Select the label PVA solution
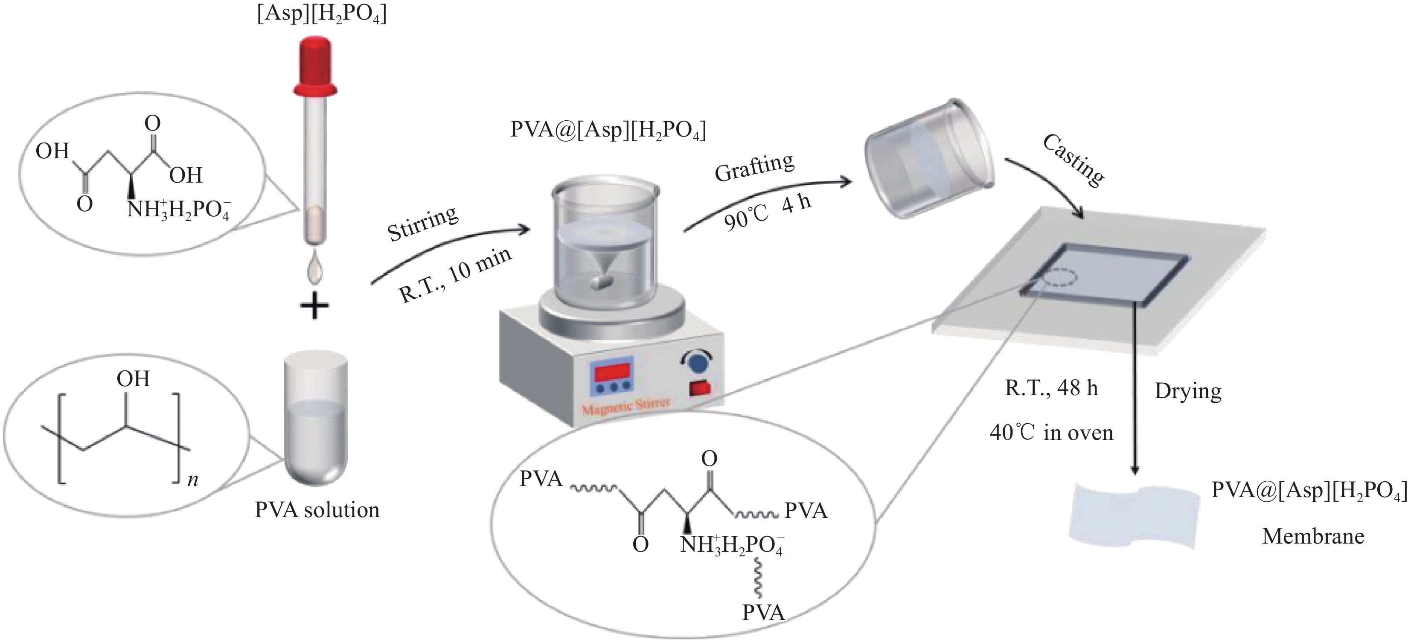click(317, 510)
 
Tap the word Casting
click(1073, 160)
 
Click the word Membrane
click(1313, 536)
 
